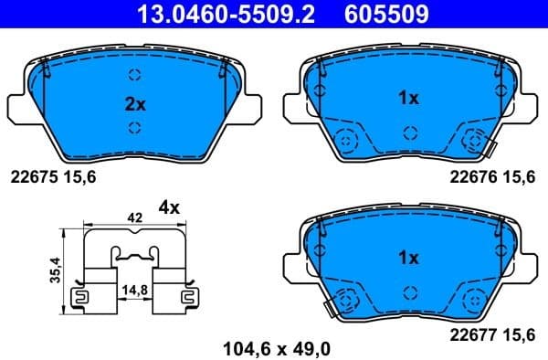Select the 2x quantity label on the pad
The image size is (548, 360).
tap(134, 103)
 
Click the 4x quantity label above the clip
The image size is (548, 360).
tap(169, 206)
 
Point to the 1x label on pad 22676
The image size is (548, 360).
tap(408, 97)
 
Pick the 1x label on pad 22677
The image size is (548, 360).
tap(408, 259)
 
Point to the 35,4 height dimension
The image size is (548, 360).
tap(56, 270)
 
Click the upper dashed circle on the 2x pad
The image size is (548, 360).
tap(134, 76)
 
